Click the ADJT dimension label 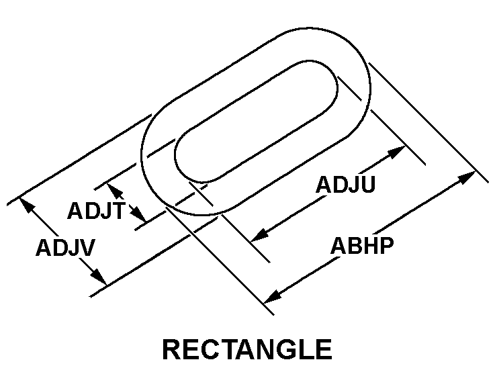(x=95, y=212)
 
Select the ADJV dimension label (x=65, y=247)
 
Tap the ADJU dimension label (x=345, y=185)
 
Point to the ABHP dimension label (x=362, y=246)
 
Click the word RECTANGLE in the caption (x=247, y=350)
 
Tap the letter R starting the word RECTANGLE (x=172, y=350)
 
